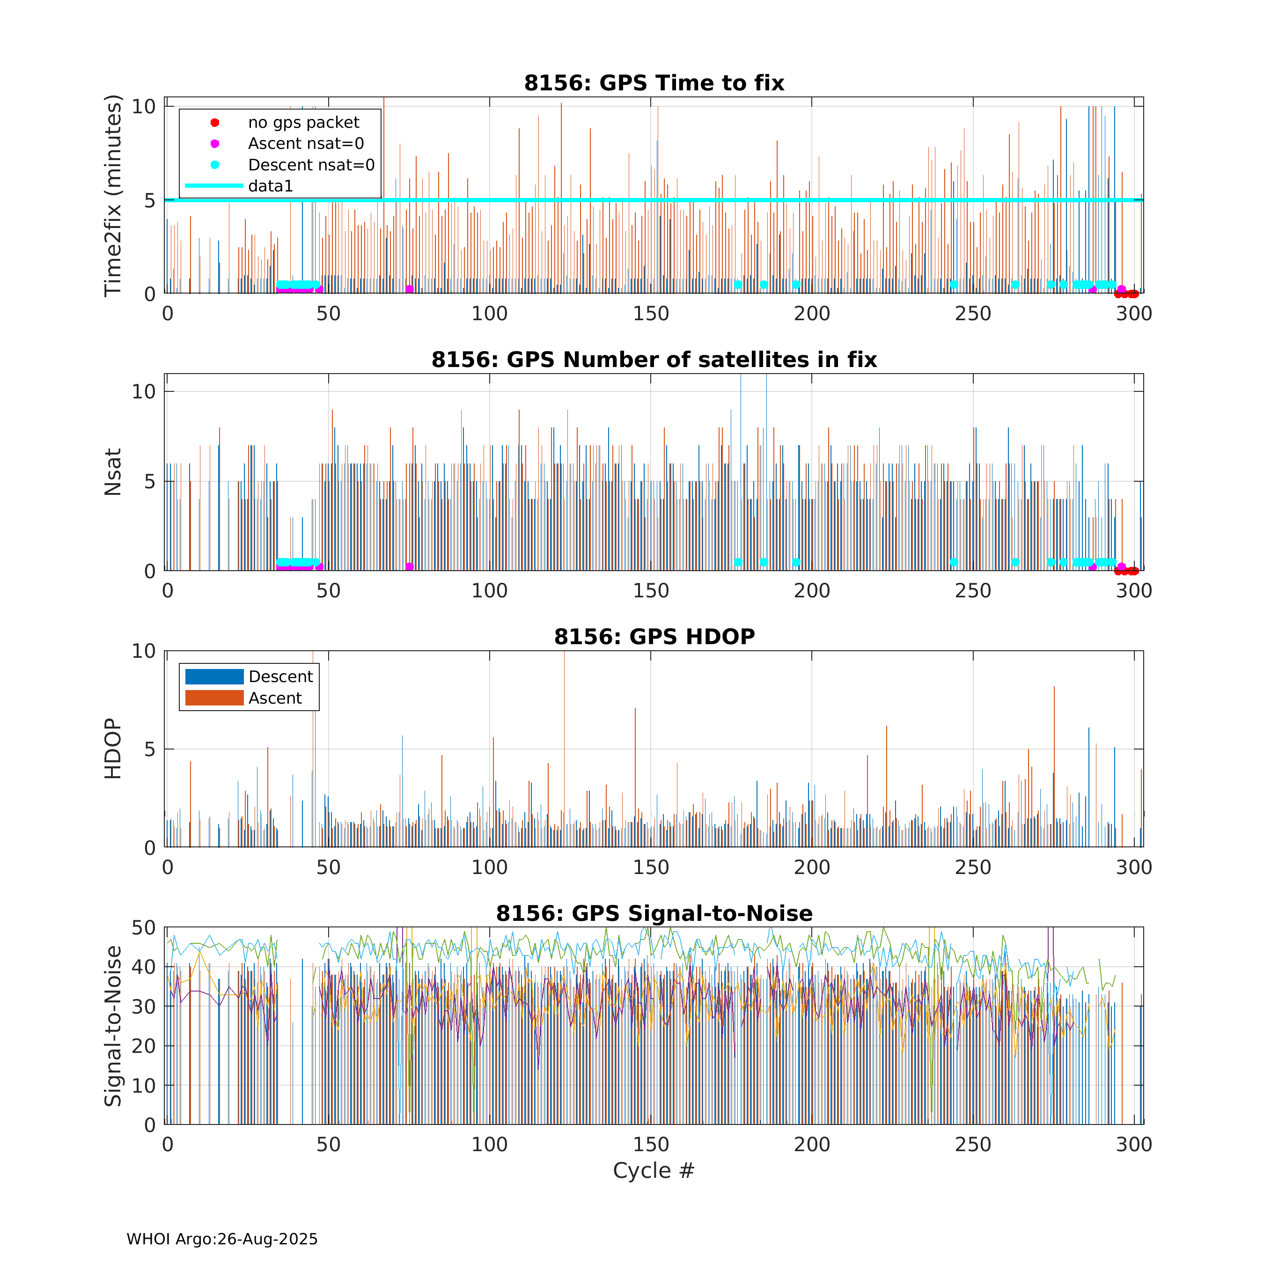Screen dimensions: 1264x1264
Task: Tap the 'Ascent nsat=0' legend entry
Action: point(306,143)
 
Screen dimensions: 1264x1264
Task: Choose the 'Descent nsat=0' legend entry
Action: point(311,165)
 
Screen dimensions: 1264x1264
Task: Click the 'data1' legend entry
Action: point(270,186)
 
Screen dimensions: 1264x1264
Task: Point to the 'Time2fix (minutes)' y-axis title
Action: point(113,196)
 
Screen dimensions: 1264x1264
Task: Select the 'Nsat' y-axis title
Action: point(113,472)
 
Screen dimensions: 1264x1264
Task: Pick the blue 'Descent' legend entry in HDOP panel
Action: point(280,676)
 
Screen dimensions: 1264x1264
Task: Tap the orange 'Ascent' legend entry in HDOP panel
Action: point(275,698)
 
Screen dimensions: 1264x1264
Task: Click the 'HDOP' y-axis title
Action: point(113,749)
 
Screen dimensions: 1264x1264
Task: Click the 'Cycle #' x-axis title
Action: point(653,1170)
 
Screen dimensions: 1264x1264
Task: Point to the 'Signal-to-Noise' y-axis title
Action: point(113,1026)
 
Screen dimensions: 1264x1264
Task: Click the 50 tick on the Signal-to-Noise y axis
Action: point(143,928)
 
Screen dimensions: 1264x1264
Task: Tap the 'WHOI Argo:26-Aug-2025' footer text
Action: point(222,1239)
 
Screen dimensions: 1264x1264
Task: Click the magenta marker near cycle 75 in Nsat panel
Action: point(410,566)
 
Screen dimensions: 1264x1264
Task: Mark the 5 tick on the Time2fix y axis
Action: point(150,200)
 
